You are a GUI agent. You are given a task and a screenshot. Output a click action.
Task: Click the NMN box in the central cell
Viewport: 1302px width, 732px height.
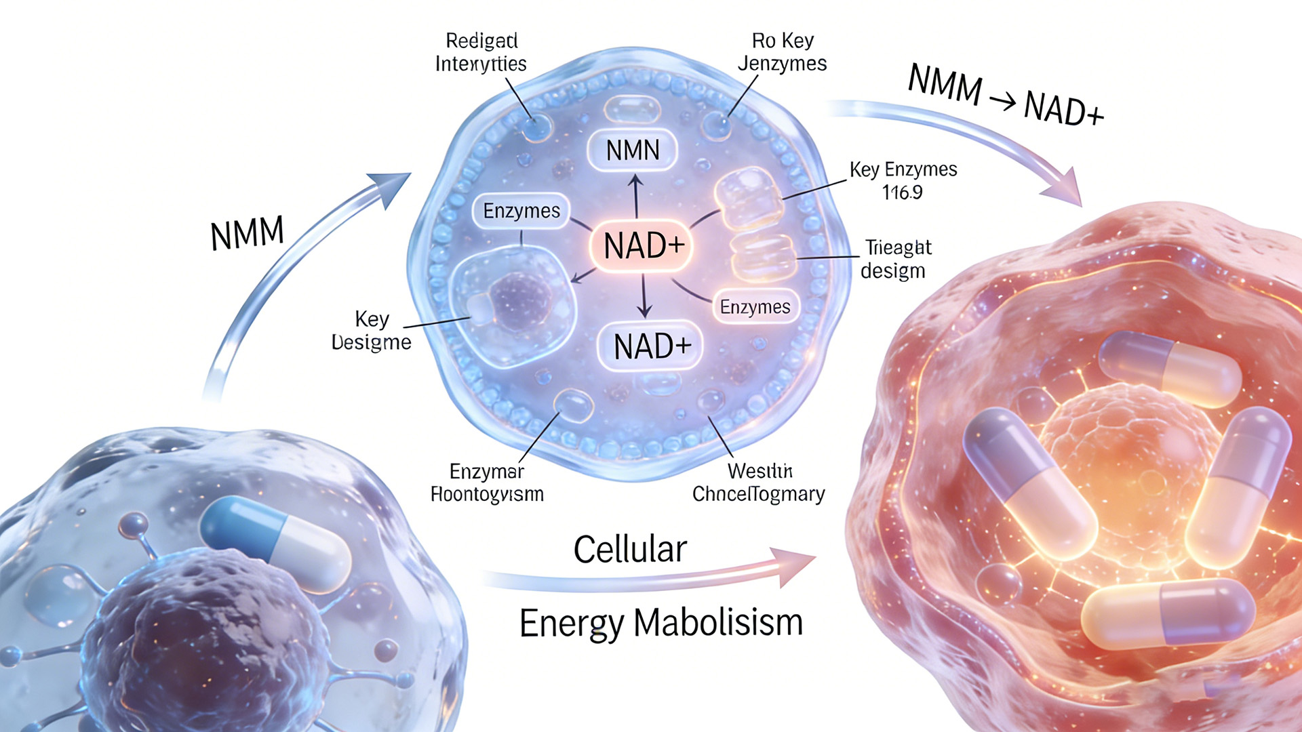[x=632, y=150]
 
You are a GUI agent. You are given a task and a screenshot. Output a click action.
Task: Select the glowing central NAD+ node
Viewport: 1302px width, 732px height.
[x=643, y=245]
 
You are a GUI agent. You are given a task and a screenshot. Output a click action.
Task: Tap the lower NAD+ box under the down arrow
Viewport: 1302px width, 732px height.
[x=651, y=346]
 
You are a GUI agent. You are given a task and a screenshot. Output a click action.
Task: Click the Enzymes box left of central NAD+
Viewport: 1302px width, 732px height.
[x=521, y=211]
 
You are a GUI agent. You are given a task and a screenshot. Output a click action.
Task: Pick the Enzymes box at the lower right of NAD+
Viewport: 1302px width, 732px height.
[x=755, y=307]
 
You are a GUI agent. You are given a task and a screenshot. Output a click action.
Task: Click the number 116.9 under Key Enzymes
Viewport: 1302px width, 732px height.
[x=902, y=192]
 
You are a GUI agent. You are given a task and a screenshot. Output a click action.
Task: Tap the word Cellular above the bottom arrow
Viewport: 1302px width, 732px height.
[x=630, y=549]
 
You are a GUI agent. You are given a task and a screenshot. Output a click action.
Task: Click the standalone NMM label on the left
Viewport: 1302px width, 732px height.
[x=247, y=234]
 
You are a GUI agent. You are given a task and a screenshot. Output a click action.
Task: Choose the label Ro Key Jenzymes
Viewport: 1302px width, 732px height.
[x=782, y=52]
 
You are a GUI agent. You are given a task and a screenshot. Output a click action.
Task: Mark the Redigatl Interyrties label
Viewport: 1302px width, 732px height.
[x=481, y=52]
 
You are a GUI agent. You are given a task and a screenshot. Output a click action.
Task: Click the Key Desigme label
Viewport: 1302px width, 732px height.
[x=371, y=330]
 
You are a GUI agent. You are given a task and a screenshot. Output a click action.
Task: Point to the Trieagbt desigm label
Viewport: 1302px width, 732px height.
[x=896, y=259]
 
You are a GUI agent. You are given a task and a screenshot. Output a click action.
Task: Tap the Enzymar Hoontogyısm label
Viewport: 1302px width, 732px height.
[x=487, y=482]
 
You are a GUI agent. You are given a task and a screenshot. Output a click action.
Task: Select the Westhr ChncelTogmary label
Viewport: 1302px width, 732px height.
[x=759, y=482]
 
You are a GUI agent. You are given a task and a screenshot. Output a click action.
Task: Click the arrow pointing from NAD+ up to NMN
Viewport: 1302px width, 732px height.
[x=635, y=195]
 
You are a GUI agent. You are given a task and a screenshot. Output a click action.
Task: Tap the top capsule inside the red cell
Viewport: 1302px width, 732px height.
[x=1169, y=369]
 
